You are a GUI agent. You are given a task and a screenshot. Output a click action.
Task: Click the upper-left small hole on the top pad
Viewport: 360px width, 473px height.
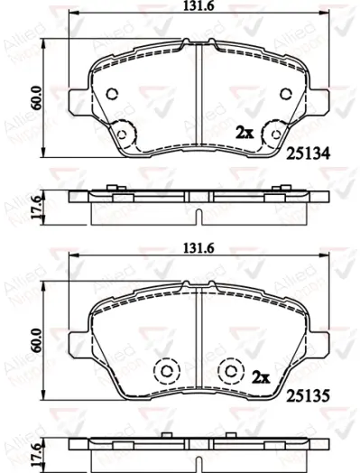(111, 95)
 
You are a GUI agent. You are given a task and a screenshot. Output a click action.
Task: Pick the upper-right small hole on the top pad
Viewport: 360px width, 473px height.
(286, 95)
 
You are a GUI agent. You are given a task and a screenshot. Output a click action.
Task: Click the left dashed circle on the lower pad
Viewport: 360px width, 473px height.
(165, 371)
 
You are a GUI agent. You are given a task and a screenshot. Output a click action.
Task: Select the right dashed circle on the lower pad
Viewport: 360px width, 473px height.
(232, 371)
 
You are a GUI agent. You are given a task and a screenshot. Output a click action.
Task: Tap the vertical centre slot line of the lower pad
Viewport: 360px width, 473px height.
(198, 334)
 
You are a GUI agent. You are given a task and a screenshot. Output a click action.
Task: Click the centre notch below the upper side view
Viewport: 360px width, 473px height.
(198, 214)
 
